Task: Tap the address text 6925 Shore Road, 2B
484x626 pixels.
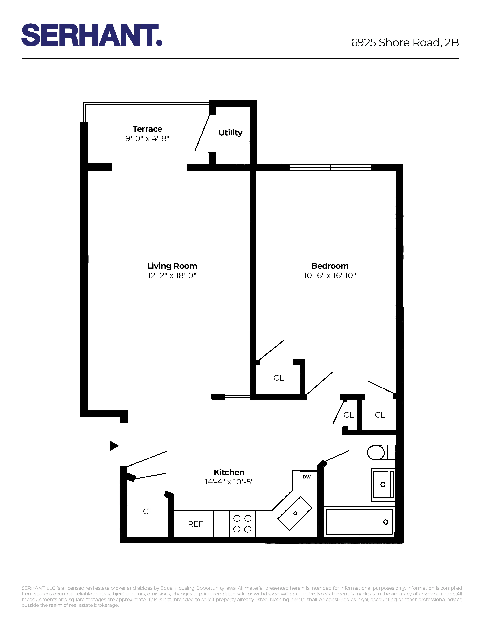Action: coord(405,43)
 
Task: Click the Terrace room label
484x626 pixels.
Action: coord(147,129)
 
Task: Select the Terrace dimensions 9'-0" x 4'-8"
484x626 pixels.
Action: coord(147,138)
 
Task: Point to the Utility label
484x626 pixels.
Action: coord(230,133)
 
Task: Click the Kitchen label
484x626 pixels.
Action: coord(229,472)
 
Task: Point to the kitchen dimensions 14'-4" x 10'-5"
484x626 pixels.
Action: coord(229,482)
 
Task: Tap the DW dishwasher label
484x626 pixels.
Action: coord(307,477)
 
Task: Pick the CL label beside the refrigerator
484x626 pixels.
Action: coord(148,511)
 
